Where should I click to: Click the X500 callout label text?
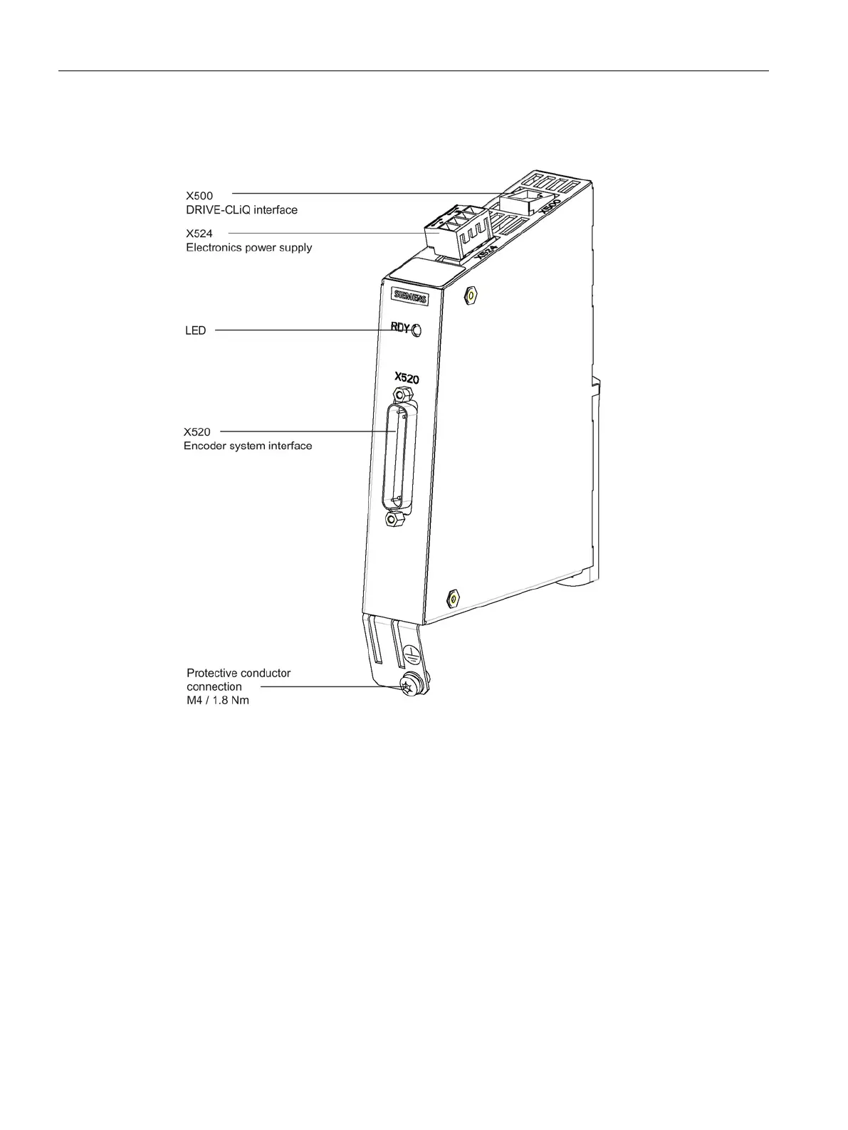199,195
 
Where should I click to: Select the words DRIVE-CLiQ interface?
241,210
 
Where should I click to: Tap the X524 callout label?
199,233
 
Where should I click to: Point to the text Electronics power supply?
248,248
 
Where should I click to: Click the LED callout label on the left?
196,330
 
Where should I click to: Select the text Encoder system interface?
248,446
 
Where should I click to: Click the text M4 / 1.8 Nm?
218,700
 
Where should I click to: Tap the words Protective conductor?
239,673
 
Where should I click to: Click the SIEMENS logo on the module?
411,297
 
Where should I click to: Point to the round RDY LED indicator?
417,330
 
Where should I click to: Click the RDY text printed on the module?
400,328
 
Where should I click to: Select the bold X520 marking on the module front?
407,378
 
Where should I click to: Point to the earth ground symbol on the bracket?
409,652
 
